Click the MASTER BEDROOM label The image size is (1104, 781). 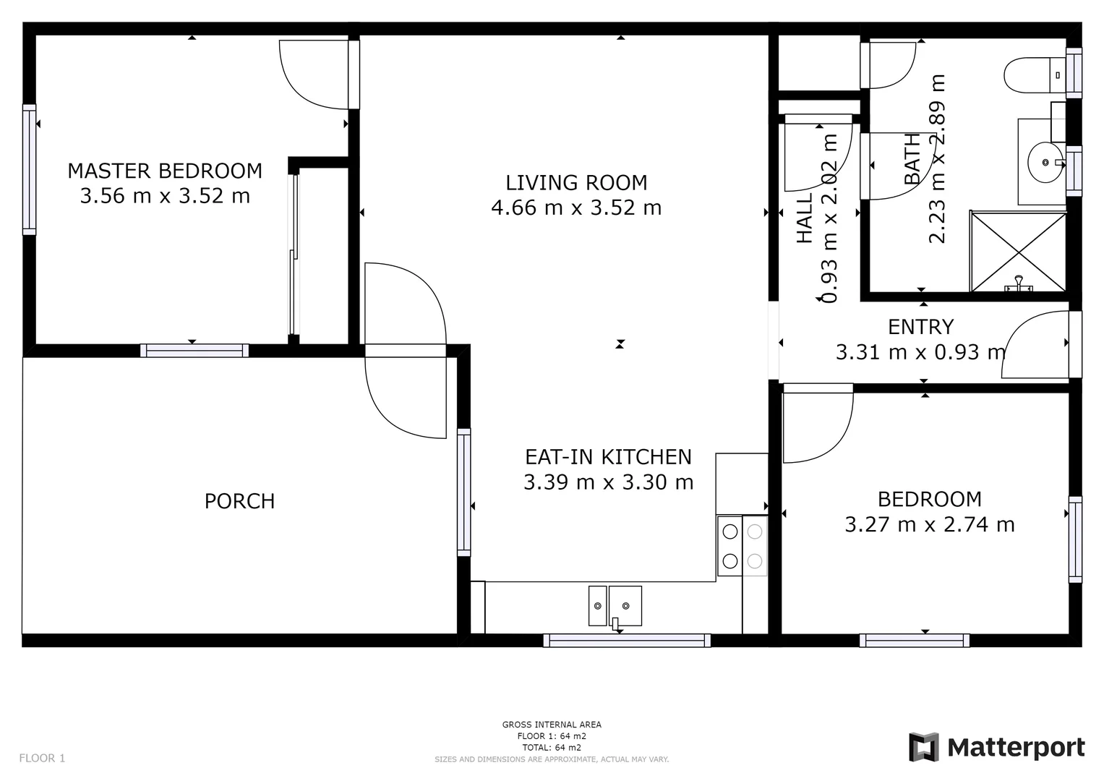[x=165, y=171]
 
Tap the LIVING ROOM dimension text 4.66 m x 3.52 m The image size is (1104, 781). [x=576, y=208]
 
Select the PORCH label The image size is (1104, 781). [x=239, y=501]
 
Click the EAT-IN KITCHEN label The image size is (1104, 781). [x=608, y=457]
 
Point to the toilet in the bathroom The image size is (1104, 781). [x=1035, y=75]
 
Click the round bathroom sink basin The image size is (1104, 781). [x=1045, y=162]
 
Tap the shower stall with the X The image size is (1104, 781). [x=1018, y=252]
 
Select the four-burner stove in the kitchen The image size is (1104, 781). [x=743, y=546]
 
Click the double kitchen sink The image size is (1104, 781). [x=615, y=606]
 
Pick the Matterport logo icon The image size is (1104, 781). [x=923, y=748]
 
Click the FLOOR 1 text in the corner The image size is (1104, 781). [x=42, y=759]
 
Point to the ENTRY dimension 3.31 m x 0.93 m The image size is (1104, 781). [x=920, y=352]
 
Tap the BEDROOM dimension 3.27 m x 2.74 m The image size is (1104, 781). [x=930, y=524]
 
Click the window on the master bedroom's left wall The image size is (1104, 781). [x=29, y=170]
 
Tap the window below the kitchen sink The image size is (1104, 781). [x=627, y=641]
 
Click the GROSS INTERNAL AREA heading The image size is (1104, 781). [x=552, y=725]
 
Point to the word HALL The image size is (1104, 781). [x=805, y=218]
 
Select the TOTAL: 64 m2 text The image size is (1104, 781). [x=552, y=748]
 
